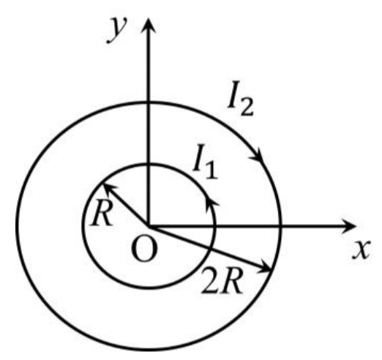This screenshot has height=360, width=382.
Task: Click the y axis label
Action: click(118, 30)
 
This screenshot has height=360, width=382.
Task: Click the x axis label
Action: click(362, 250)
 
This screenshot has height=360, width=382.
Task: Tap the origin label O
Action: click(144, 249)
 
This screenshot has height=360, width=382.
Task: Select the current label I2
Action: click(241, 98)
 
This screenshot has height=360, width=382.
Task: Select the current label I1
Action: click(205, 162)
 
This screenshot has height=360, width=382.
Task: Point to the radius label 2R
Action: click(222, 280)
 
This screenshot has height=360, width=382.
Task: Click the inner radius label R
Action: click(102, 213)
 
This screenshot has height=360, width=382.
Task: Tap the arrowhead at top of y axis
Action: click(149, 25)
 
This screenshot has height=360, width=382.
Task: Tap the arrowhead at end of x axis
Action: click(348, 227)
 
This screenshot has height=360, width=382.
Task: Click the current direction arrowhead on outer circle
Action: click(258, 155)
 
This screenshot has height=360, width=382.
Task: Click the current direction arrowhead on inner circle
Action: click(211, 204)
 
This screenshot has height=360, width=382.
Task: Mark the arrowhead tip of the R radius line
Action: click(103, 184)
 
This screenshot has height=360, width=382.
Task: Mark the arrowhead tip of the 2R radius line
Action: click(271, 270)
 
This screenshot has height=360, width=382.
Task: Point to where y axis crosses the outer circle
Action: click(149, 103)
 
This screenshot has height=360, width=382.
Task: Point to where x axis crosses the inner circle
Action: click(214, 227)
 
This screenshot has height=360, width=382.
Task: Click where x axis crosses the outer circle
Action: click(280, 227)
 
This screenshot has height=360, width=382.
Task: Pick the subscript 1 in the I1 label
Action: click(211, 170)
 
